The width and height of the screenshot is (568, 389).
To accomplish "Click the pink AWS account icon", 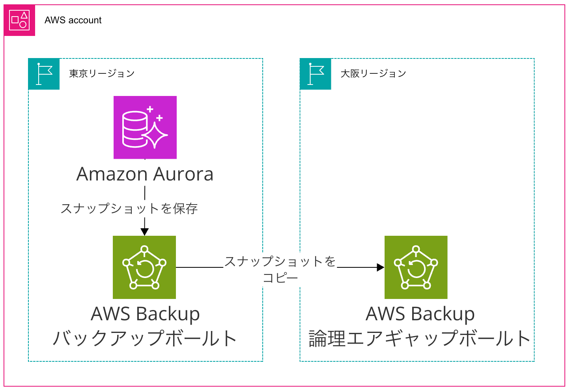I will pos(19,21).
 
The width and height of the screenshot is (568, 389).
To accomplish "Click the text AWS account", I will pos(73,21).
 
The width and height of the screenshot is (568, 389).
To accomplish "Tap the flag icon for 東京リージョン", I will pos(44,74).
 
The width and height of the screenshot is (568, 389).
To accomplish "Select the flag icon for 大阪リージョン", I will pos(315,74).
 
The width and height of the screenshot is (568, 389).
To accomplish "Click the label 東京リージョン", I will pos(102,74).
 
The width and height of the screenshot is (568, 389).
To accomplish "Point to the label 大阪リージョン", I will pos(373,74).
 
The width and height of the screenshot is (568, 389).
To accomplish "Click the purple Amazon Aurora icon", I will pos(145,127).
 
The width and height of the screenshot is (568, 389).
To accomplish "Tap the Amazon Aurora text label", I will pos(145,174).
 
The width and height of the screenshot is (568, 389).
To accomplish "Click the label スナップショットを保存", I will pos(129,209).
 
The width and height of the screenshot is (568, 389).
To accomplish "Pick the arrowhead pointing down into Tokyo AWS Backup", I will pos(145,232).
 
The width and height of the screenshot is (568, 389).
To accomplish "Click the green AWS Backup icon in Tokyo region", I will pos(144,267).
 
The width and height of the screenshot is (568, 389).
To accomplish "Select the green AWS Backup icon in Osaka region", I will pos(416,267).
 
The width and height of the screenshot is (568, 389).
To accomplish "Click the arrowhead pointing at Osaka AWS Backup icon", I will pos(380,267).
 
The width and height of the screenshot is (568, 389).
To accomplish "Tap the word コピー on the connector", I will pos(280,278).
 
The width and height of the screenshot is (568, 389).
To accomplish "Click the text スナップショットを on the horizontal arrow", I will pos(280,261).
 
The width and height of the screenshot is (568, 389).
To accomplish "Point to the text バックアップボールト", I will pos(145,338).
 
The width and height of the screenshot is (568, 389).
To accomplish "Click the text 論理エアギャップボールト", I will pos(420,338).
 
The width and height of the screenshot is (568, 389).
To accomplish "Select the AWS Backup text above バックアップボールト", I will pos(145,314).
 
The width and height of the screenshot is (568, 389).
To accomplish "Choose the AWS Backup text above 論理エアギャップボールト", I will pos(420,314).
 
